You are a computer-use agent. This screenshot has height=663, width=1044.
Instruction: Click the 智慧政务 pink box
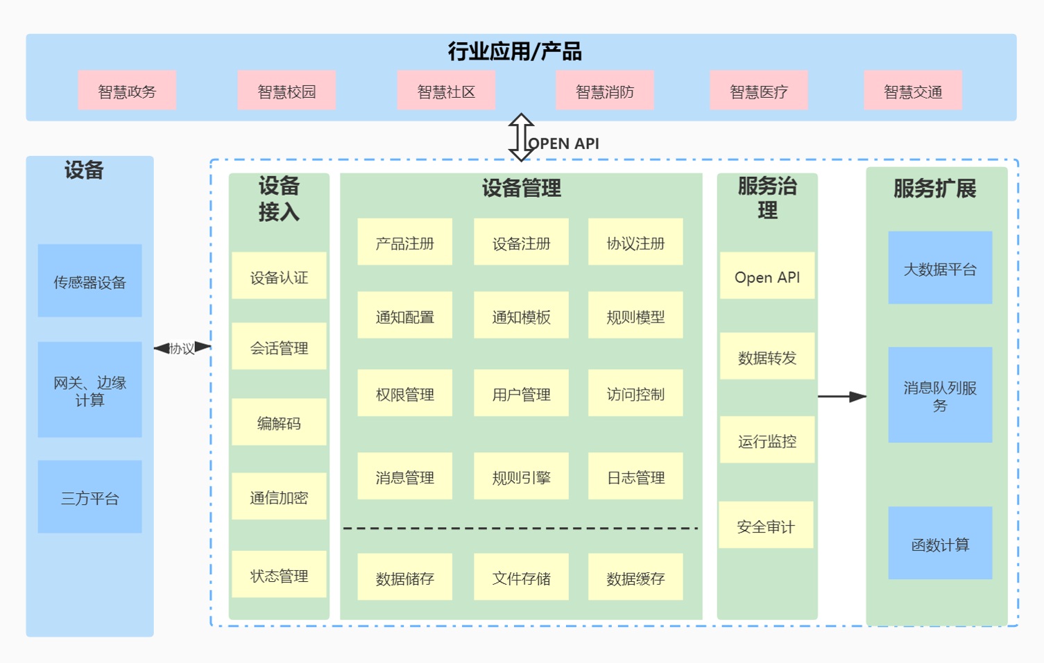coord(127,90)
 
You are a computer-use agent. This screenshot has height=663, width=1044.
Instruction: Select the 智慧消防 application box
coord(604,90)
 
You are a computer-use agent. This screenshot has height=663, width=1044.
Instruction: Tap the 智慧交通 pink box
coord(913,90)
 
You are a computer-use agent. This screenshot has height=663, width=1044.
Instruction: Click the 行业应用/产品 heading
coord(515,51)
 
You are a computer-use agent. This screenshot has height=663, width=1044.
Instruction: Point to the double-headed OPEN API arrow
coord(521,137)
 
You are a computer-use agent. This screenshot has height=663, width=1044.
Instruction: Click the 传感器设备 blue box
coord(89,280)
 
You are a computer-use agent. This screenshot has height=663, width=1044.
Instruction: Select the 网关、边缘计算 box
coord(89,390)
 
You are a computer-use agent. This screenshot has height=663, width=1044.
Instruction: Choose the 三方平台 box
coord(89,497)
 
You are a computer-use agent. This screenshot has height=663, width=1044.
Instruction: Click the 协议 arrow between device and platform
coord(182,347)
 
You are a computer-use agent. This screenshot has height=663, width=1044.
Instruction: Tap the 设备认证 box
coord(279,275)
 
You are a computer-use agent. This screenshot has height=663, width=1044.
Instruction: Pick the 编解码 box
coord(279,422)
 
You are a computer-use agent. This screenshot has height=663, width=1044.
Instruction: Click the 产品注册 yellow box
coord(404,242)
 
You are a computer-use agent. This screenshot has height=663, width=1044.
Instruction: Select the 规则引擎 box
coord(521,476)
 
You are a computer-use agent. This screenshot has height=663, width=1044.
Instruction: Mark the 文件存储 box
coord(521,577)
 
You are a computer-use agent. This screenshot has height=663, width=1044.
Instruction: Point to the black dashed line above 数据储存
coord(520,528)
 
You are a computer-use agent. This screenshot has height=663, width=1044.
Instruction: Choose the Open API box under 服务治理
coord(767,275)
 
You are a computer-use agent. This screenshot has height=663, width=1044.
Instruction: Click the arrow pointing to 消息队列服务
coord(842,397)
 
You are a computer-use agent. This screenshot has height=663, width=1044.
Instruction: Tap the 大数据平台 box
coord(940,268)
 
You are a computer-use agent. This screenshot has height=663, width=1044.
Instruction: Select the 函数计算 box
coord(940,543)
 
